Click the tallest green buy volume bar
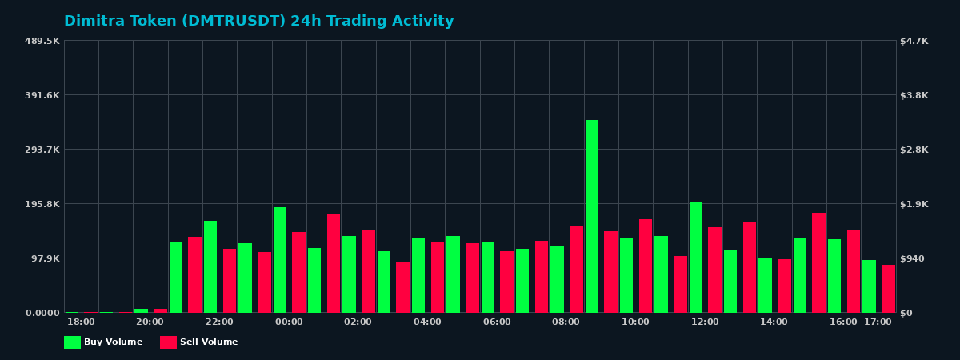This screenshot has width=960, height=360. [x=592, y=216]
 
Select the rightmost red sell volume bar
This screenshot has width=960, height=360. [x=888, y=289]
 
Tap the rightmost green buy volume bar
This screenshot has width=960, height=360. [x=870, y=286]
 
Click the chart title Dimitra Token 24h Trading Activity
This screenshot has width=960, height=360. [x=258, y=22]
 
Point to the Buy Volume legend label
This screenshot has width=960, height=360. [x=113, y=342]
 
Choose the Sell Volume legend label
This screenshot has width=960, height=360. [x=209, y=342]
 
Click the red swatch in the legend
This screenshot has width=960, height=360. [x=168, y=342]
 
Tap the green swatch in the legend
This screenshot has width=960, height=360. [x=72, y=342]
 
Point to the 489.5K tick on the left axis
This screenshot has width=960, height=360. [x=42, y=41]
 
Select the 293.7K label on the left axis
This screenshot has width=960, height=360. [x=42, y=150]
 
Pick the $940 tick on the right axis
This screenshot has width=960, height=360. [x=913, y=258]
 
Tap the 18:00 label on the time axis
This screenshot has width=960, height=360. [x=81, y=322]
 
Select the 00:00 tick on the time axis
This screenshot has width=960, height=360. [x=289, y=322]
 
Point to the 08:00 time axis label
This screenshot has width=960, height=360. [x=566, y=322]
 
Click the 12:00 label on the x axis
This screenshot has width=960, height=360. [x=705, y=322]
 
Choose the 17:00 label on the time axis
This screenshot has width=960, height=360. [x=878, y=322]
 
